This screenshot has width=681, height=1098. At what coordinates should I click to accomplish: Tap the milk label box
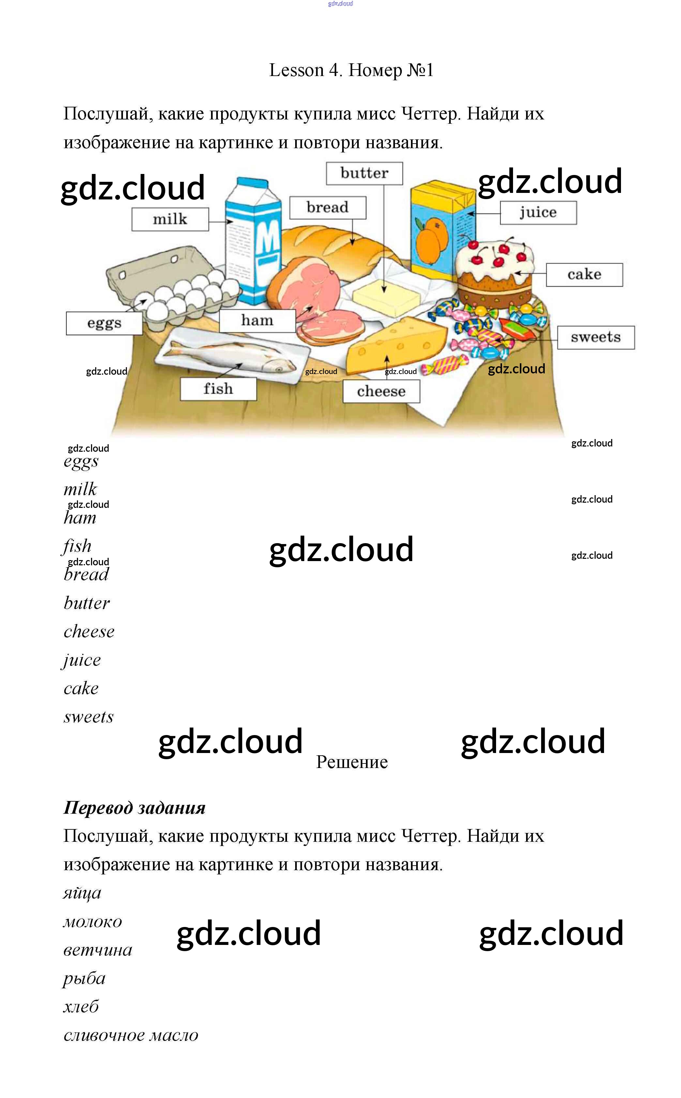pos(170,220)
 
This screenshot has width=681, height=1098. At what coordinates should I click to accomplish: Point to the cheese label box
pos(381,391)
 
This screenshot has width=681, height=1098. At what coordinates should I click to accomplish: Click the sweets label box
pos(596,337)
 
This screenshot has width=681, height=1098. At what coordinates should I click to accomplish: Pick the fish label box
pos(218,388)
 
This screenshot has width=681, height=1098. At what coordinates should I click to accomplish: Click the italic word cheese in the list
pos(89,632)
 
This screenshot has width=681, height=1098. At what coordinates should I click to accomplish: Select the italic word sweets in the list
pos(89,717)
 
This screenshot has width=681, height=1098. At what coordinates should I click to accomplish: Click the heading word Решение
pos(352,762)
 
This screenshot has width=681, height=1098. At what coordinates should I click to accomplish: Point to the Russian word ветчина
pos(98,950)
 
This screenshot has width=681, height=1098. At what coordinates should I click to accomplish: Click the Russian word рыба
pos(84,979)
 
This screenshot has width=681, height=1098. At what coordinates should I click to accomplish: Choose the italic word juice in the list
pos(82,660)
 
